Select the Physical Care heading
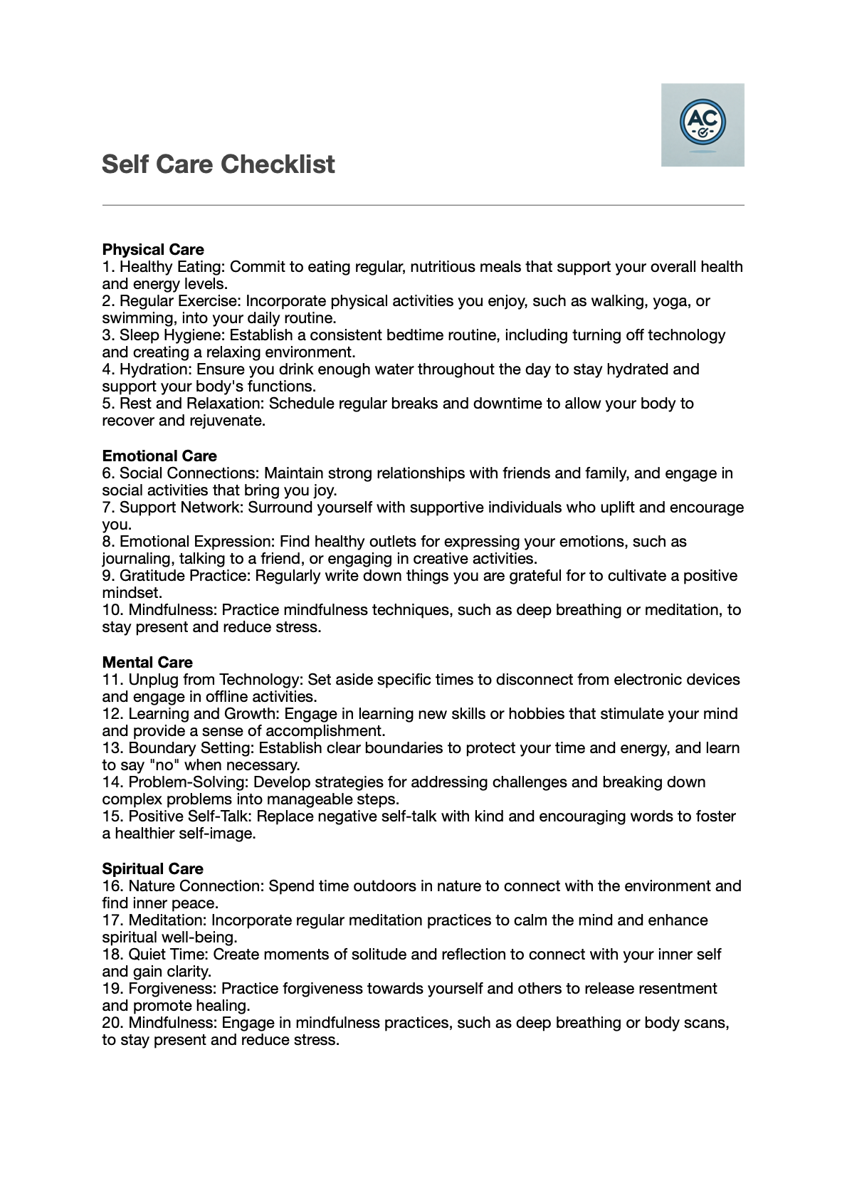coord(153,250)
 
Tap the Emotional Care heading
coord(159,456)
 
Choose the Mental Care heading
coord(147,663)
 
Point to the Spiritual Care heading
coord(152,869)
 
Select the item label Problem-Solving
coord(188,782)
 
